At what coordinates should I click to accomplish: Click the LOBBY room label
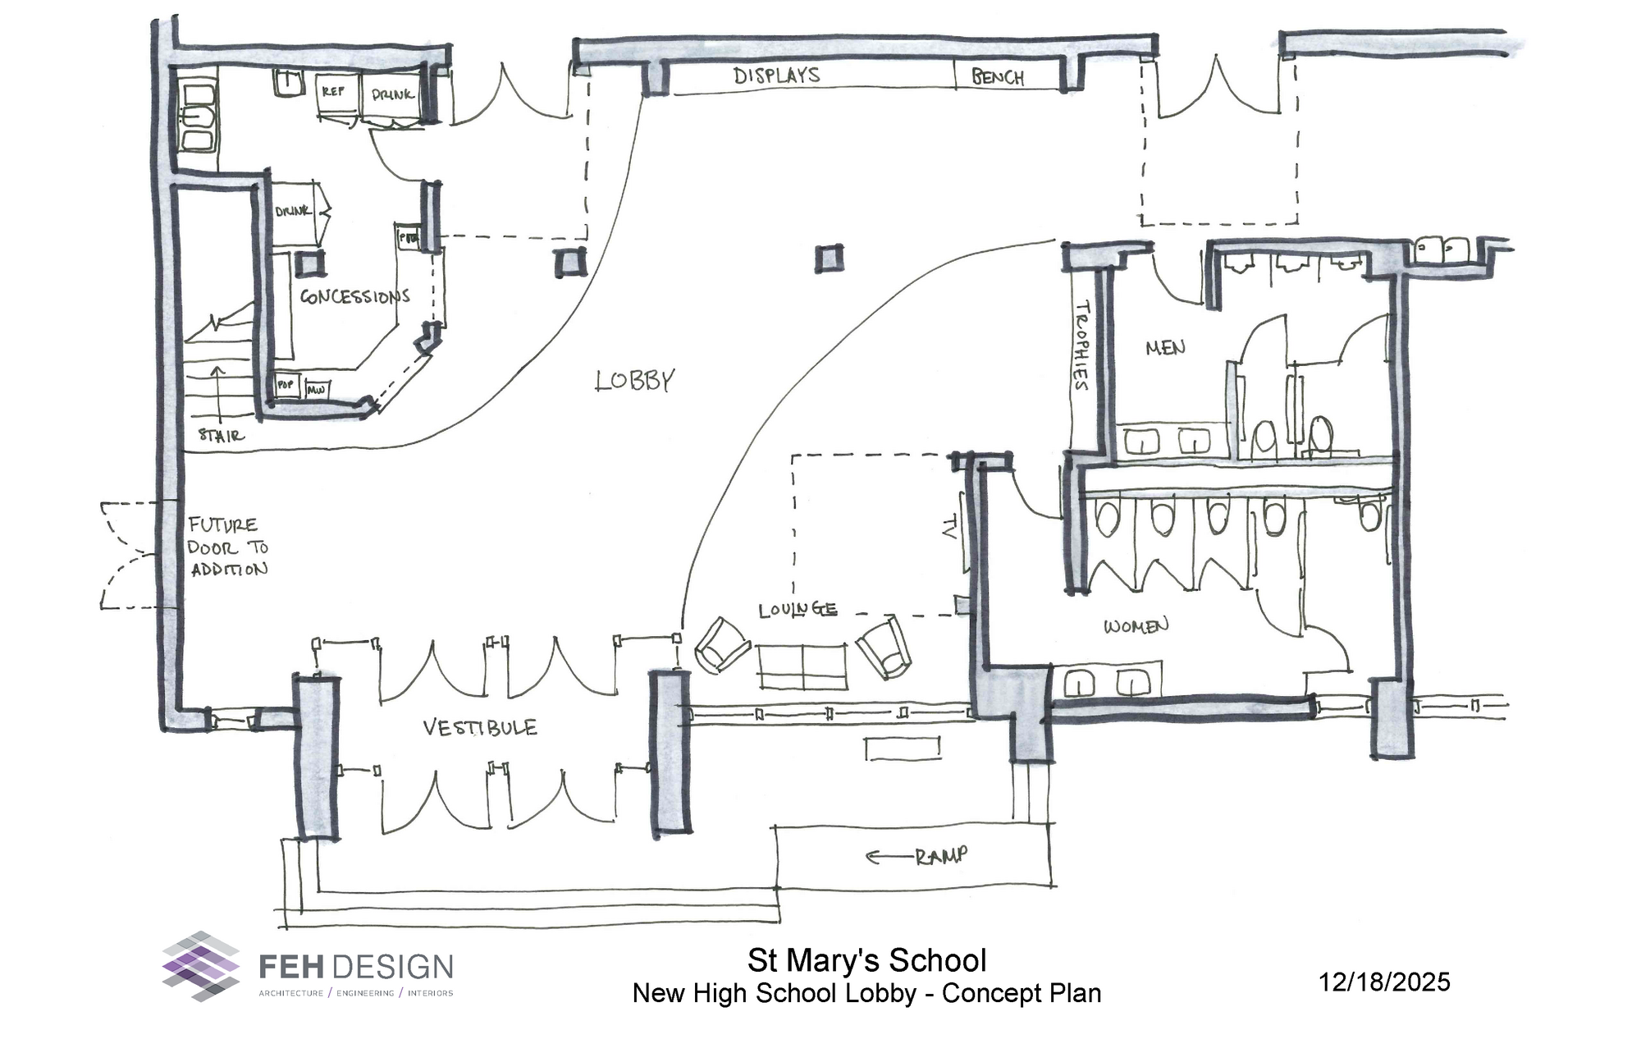coord(634,381)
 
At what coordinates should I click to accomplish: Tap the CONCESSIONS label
coord(354,296)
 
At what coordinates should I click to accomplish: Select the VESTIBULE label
coord(480,728)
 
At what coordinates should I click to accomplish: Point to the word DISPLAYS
coord(776,76)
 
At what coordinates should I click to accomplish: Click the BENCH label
coord(998,78)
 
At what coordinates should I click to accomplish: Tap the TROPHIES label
coord(1082,346)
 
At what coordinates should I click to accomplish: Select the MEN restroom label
coord(1165,348)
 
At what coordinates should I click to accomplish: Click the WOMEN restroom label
coord(1136,627)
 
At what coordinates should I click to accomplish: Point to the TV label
coord(948,527)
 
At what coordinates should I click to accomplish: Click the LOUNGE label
coord(798,610)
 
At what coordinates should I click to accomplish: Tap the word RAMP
coord(941,857)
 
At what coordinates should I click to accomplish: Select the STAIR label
coord(221,435)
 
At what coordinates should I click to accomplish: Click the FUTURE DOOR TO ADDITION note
coord(227,547)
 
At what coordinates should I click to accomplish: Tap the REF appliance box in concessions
coord(333,94)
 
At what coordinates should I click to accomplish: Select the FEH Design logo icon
coord(201,966)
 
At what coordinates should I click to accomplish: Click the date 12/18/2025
coord(1384,982)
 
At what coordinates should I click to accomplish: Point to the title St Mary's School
coord(866,960)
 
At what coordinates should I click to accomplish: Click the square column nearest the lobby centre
coord(829,258)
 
